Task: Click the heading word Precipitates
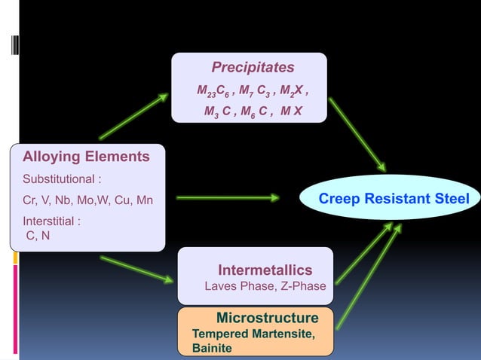click(253, 68)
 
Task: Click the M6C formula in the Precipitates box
click(255, 112)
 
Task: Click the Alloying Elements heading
click(86, 157)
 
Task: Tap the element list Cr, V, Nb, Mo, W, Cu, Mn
click(87, 200)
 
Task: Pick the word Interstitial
click(50, 221)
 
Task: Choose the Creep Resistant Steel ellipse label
click(394, 199)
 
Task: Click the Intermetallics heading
click(265, 270)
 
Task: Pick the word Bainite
click(213, 348)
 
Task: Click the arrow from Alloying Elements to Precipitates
click(134, 117)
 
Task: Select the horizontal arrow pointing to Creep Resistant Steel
click(228, 198)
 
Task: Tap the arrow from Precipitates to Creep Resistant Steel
click(357, 134)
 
